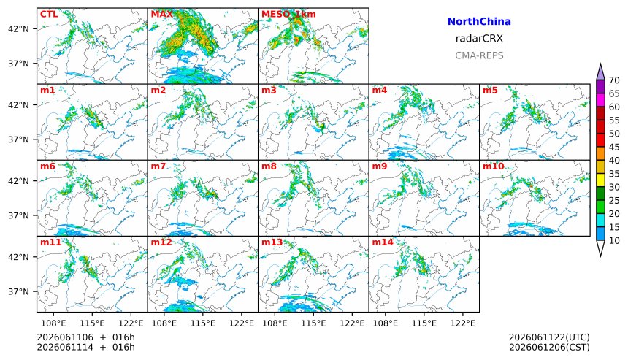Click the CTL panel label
pos(49,14)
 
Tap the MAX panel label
pos(162,14)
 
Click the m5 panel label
pos(490,90)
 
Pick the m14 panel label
pos(383,242)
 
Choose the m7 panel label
pos(158,166)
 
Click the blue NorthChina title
pos(479,22)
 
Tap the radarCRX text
pos(479,39)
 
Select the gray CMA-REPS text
pos(479,55)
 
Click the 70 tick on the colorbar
pos(614,80)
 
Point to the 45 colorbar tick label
pos(614,148)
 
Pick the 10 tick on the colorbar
pos(614,241)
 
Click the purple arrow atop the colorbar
pos(600,72)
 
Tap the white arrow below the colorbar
pos(600,248)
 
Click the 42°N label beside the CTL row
pos(18,28)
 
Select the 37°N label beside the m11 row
pos(18,291)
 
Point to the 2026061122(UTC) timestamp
pos(549,337)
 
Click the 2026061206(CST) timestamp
pos(549,347)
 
